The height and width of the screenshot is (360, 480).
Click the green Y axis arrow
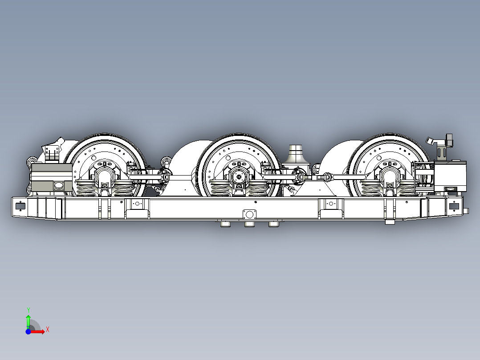coord(28,320)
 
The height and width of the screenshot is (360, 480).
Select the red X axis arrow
coord(39,331)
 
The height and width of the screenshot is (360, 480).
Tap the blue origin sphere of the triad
coord(28,331)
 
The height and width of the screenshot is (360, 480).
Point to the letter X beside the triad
coord(48,329)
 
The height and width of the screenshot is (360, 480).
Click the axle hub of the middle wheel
coord(240,176)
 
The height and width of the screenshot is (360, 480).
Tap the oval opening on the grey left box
coord(58,186)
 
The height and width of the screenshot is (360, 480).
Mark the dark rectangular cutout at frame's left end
coord(19,206)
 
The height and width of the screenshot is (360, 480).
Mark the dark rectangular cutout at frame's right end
coord(454,206)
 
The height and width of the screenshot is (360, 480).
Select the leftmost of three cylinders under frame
coord(225,224)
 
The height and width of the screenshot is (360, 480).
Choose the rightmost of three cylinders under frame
coord(273,224)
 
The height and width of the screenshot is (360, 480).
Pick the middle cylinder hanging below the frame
coord(249,224)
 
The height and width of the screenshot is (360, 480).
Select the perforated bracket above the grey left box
coord(53,153)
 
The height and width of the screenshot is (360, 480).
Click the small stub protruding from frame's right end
coord(466,210)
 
